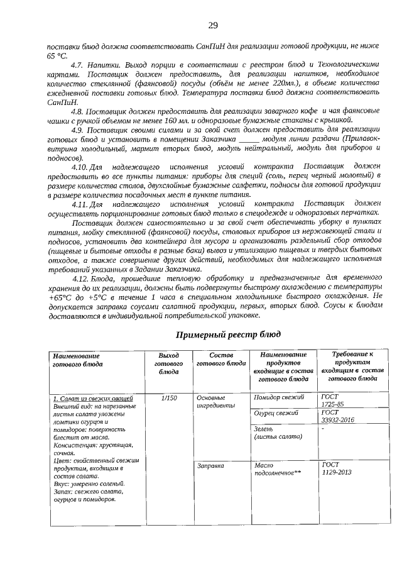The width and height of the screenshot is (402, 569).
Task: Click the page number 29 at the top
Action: pyautogui.click(x=212, y=25)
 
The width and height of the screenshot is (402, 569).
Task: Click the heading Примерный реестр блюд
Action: pyautogui.click(x=227, y=333)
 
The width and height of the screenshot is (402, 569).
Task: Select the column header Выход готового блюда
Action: pyautogui.click(x=167, y=363)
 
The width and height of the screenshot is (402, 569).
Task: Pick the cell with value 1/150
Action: pyautogui.click(x=168, y=398)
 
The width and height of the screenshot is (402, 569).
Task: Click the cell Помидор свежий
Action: pyautogui.click(x=279, y=398)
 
